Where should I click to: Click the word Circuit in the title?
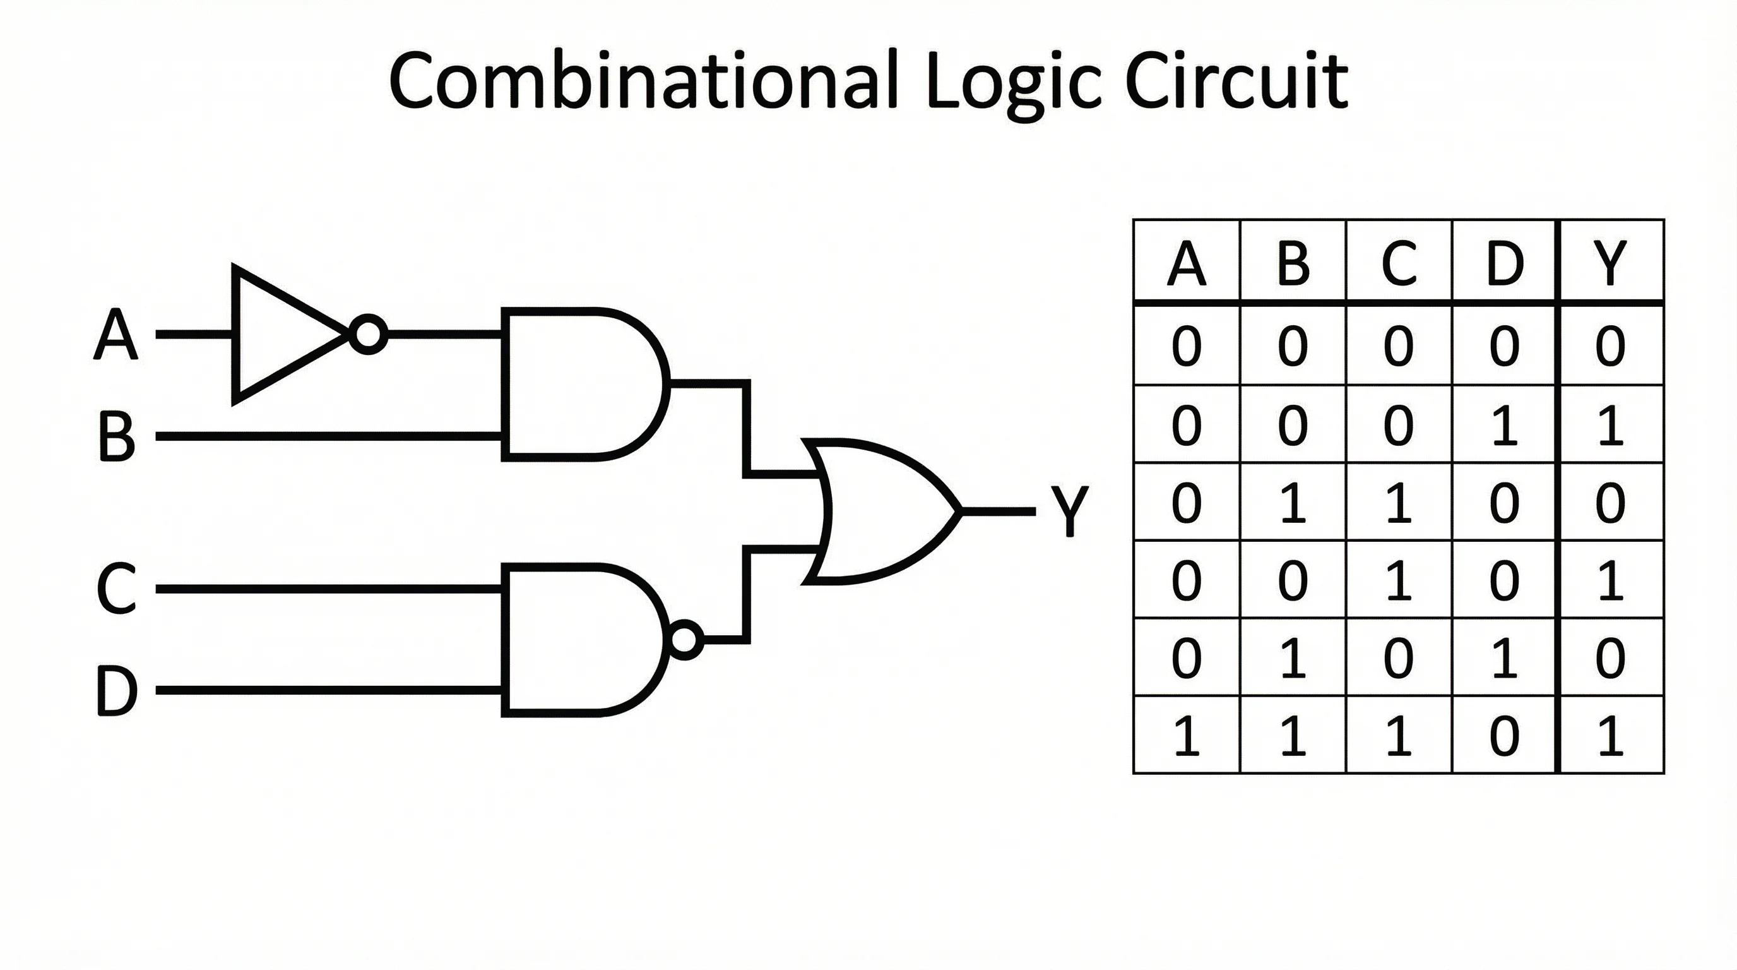pyautogui.click(x=1237, y=81)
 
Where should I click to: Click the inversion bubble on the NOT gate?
pyautogui.click(x=368, y=335)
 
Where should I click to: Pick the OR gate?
pyautogui.click(x=877, y=512)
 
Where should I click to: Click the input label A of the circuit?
pyautogui.click(x=116, y=335)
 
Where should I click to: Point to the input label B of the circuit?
pyautogui.click(x=116, y=437)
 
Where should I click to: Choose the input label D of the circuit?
pyautogui.click(x=116, y=691)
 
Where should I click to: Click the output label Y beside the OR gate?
pyautogui.click(x=1069, y=512)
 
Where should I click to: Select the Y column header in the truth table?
pyautogui.click(x=1610, y=263)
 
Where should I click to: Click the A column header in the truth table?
pyautogui.click(x=1186, y=263)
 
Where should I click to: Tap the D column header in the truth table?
pyautogui.click(x=1504, y=263)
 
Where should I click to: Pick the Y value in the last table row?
pyautogui.click(x=1610, y=736)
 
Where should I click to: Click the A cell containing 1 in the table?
pyautogui.click(x=1186, y=736)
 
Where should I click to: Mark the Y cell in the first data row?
pyautogui.click(x=1610, y=347)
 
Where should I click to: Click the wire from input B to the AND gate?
pyautogui.click(x=330, y=437)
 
